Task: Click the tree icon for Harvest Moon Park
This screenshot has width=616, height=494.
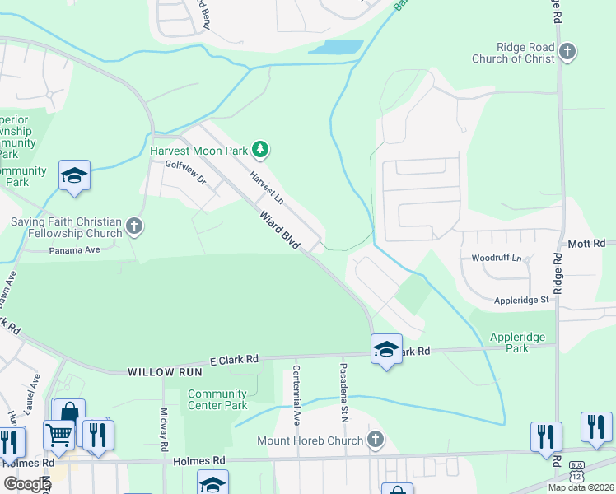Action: click(260, 149)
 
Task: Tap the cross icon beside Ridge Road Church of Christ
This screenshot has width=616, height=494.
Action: click(567, 53)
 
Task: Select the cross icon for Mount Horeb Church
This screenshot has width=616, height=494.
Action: click(376, 440)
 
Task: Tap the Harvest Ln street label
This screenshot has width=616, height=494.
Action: click(266, 188)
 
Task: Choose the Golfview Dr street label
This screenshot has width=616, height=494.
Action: click(185, 172)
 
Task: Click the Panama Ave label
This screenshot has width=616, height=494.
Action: click(74, 250)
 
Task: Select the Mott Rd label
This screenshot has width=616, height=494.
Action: click(586, 244)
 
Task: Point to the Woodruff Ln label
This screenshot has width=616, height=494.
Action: click(497, 258)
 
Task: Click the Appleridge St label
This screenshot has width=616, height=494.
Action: click(520, 301)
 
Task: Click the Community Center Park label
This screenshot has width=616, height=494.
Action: click(217, 399)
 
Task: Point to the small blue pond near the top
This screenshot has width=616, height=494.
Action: click(335, 47)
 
